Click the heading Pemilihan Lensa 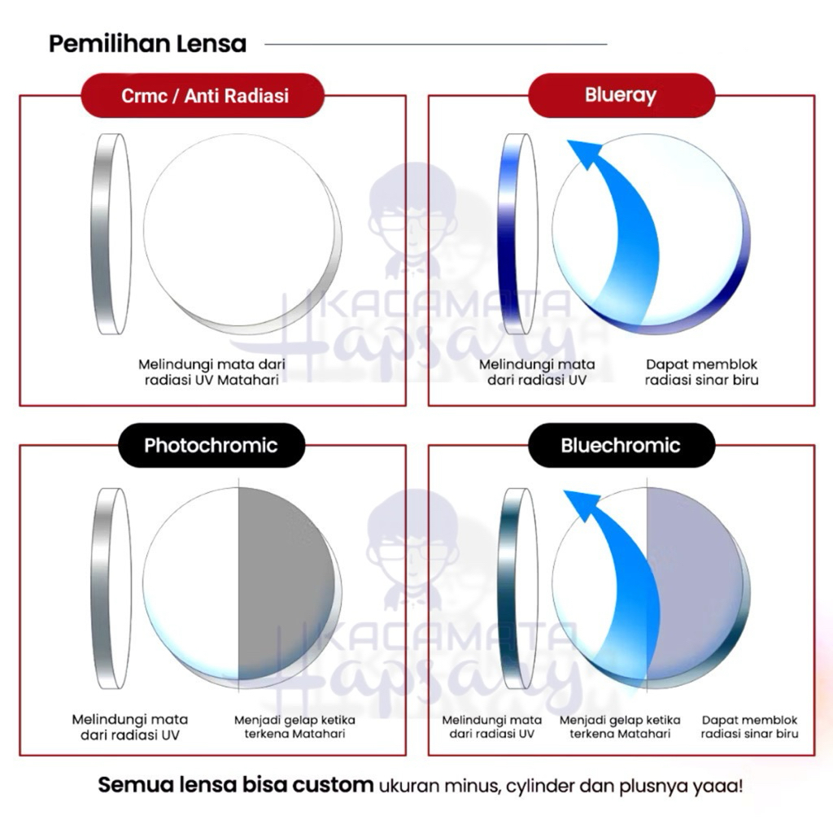point(147,43)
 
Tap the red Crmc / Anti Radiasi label point(205,95)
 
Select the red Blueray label point(620,94)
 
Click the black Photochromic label point(211,445)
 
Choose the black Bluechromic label point(620,445)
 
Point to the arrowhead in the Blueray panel point(583,153)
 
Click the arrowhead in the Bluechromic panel point(581,504)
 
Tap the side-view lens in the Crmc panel point(111,234)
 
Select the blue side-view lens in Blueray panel point(518,234)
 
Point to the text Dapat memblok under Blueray point(701,364)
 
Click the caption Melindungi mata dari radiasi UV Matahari point(212,373)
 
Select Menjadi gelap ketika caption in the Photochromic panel point(294,720)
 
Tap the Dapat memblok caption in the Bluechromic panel point(749,720)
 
